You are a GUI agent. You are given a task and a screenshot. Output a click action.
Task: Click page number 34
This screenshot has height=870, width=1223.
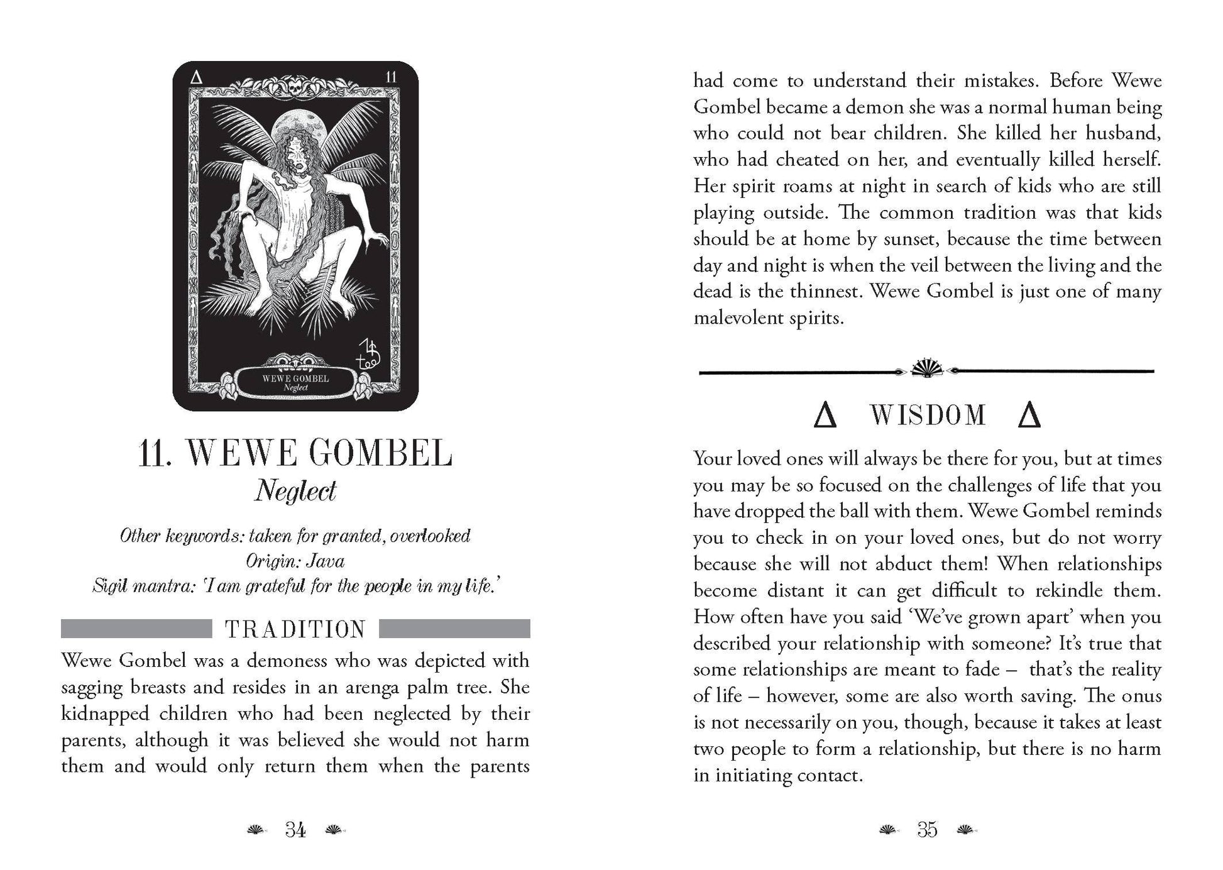295,830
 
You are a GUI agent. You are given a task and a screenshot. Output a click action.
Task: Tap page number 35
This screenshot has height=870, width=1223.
927,830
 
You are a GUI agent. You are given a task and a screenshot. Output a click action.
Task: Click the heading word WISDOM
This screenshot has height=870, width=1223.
928,416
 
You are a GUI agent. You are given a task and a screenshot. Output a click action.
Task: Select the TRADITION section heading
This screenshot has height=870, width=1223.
295,629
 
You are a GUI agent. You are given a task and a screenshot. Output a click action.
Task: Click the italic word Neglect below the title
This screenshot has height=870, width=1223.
295,491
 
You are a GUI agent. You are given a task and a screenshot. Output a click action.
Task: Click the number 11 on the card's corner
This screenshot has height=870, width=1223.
391,77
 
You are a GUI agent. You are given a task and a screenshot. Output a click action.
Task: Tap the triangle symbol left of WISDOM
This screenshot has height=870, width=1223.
825,416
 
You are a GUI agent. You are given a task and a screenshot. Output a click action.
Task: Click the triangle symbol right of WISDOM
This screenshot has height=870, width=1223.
1029,416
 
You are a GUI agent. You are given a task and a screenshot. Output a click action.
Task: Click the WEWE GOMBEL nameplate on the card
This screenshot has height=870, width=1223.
295,383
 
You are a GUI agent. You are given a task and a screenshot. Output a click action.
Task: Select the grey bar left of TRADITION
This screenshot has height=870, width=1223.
136,629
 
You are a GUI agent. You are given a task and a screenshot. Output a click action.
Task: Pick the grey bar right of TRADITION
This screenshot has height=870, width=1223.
455,629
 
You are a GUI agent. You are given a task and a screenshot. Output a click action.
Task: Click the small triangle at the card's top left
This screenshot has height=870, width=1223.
196,77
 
